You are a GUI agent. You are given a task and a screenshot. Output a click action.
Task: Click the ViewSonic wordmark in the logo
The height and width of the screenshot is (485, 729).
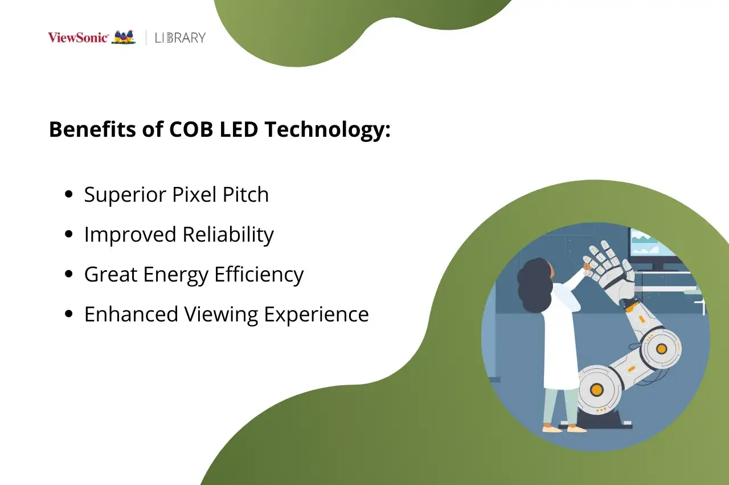pos(77,38)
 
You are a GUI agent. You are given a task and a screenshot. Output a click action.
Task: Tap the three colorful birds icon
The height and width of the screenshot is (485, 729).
pos(124,37)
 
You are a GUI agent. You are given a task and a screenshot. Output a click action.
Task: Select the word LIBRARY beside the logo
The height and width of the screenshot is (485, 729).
pos(180,38)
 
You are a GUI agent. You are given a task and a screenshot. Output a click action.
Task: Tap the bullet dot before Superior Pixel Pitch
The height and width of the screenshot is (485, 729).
pos(69,194)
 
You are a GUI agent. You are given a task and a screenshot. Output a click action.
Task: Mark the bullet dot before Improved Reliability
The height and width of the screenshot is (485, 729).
pos(69,234)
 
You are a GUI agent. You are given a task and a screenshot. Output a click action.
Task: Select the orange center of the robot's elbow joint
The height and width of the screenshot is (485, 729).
pos(661,348)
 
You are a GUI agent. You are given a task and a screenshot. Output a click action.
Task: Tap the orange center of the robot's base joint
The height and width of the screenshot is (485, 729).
pos(596,390)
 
